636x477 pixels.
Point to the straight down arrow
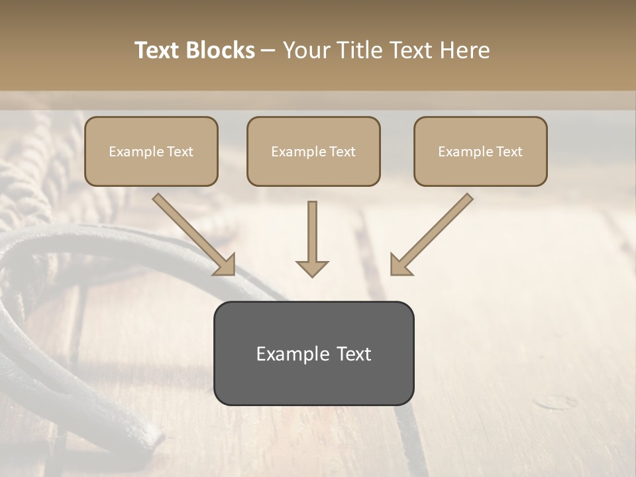312,238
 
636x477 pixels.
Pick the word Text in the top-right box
508,152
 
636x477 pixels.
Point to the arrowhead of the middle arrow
312,268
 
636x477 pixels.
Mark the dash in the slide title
268,51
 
